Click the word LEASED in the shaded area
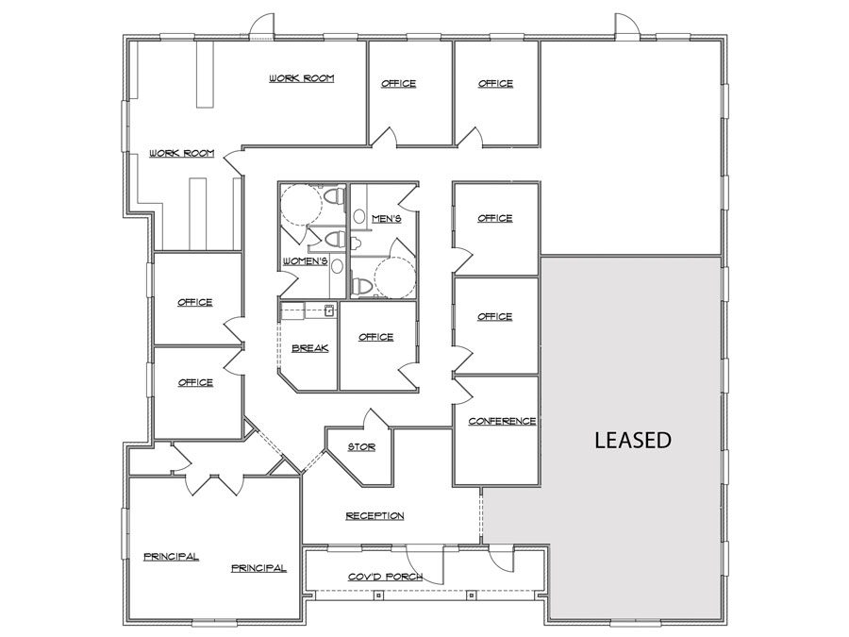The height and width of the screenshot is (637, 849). point(632,440)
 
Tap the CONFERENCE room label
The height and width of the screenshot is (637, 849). point(502,421)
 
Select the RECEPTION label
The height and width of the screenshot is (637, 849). point(375,515)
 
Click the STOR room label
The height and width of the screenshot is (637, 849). point(361,446)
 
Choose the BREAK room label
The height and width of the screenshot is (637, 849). point(309,348)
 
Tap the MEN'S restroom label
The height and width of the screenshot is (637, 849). point(387,219)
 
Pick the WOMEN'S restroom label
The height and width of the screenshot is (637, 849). point(305,260)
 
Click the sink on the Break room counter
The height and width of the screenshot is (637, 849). point(330,309)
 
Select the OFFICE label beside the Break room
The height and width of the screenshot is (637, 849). point(375,337)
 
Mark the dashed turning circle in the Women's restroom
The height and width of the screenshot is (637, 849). point(302,202)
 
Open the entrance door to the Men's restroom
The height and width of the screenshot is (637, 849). point(408,197)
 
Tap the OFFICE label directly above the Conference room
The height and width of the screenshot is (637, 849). point(494,316)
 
